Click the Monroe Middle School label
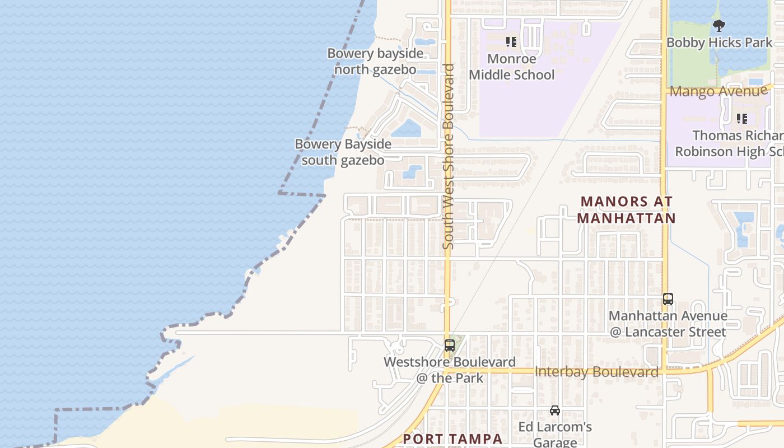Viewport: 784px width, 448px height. (x=511, y=67)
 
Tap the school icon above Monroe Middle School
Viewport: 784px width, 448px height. (x=511, y=42)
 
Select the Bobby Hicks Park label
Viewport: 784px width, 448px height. (x=719, y=43)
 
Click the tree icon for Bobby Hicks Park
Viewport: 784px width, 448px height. (x=719, y=25)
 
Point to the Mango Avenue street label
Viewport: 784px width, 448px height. (x=718, y=91)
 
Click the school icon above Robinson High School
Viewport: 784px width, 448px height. (x=742, y=119)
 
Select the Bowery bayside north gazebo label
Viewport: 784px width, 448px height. (x=375, y=61)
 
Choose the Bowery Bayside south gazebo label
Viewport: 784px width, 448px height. (x=343, y=152)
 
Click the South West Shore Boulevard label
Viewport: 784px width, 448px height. (x=448, y=156)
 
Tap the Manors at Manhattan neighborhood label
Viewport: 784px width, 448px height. (x=626, y=209)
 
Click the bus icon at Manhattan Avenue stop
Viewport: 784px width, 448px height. (x=668, y=299)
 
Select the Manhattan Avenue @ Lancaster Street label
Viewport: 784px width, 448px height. (x=668, y=324)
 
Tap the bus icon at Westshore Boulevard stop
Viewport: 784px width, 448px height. (x=449, y=345)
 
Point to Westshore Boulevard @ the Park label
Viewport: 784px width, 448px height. (x=449, y=370)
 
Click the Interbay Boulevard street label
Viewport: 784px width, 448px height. (x=596, y=372)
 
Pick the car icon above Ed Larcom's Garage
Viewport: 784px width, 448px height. (x=554, y=410)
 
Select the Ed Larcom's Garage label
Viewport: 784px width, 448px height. (x=554, y=434)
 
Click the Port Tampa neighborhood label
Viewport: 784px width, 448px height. (x=452, y=439)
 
